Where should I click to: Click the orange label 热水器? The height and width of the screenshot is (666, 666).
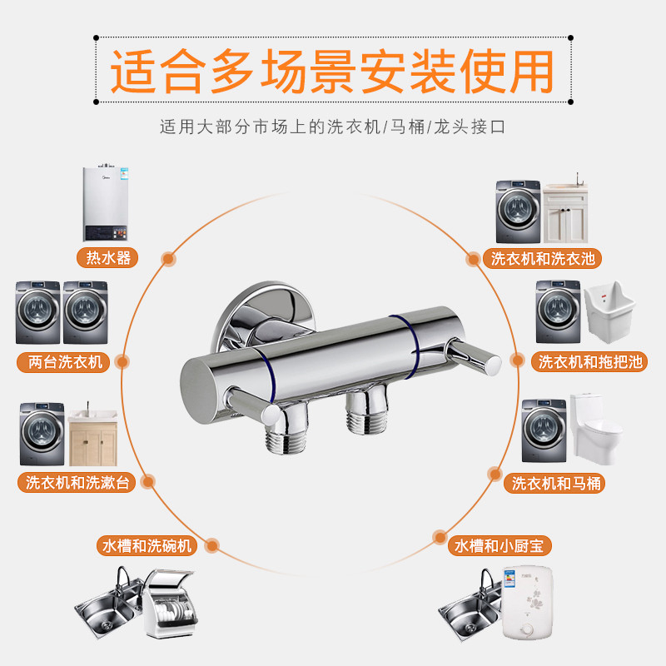[x=108, y=257]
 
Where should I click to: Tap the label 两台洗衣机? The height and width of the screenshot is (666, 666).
[x=63, y=361]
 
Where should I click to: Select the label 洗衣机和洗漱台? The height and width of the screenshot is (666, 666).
[x=77, y=482]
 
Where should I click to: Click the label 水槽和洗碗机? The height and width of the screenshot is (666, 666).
[x=147, y=546]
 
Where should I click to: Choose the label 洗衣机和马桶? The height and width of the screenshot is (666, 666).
[x=557, y=483]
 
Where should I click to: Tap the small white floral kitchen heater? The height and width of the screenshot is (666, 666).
[x=527, y=603]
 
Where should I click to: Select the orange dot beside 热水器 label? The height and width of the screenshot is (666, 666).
[x=167, y=258]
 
